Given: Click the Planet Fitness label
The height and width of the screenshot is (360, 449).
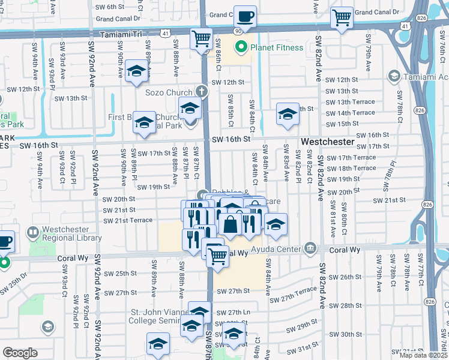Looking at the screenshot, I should [x=277, y=47].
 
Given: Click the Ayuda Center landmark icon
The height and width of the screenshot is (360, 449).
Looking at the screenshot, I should [x=310, y=247].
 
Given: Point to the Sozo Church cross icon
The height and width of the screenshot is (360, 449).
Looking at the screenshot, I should [x=202, y=92].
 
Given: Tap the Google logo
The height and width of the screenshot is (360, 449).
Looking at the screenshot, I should [x=20, y=353].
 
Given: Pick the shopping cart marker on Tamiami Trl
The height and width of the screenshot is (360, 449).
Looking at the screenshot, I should [x=202, y=40].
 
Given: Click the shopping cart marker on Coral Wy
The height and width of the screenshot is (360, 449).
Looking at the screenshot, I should [x=217, y=257].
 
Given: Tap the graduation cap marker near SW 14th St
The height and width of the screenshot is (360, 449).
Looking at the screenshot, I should [x=288, y=114].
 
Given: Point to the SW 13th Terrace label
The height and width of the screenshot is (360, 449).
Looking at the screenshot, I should [x=350, y=102].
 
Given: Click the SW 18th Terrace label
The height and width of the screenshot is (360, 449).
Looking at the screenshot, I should [x=357, y=168].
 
